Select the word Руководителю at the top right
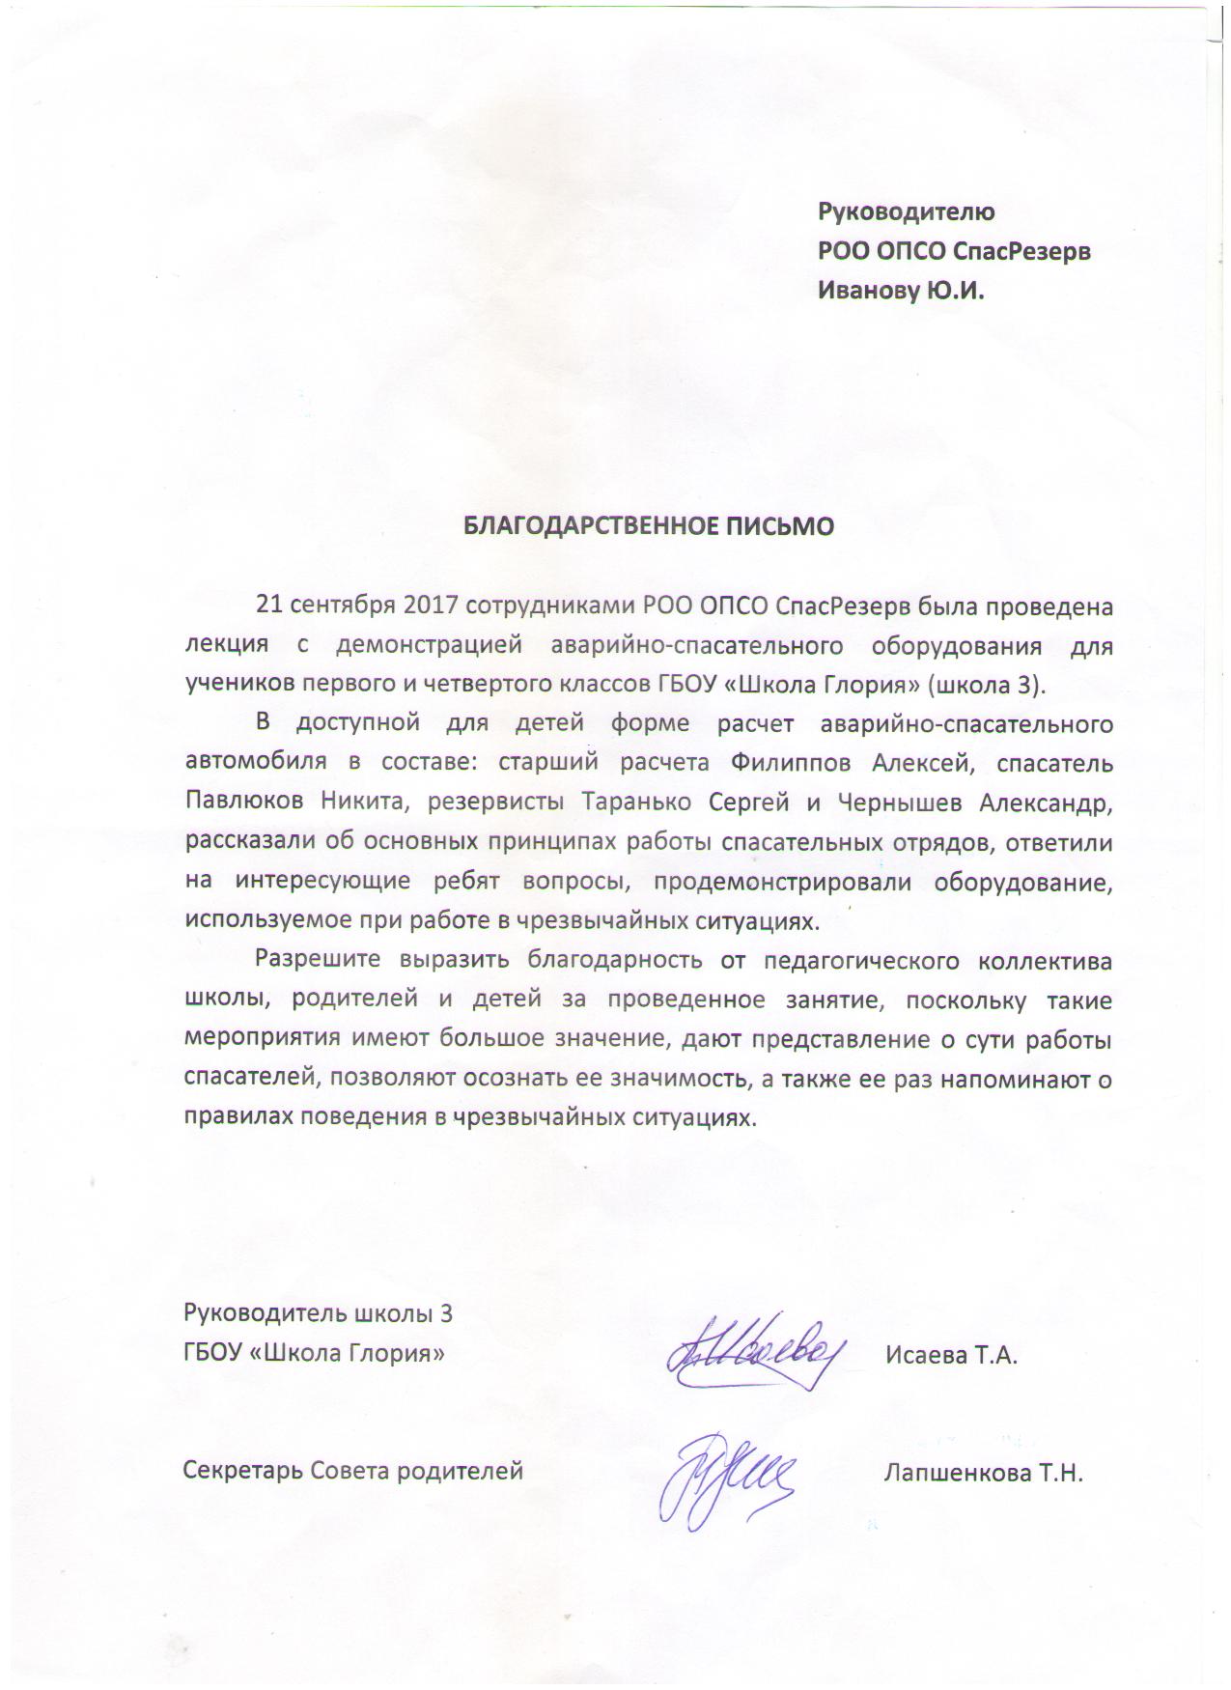pos(906,211)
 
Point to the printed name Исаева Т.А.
pos(951,1355)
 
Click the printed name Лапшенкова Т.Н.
pos(983,1474)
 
